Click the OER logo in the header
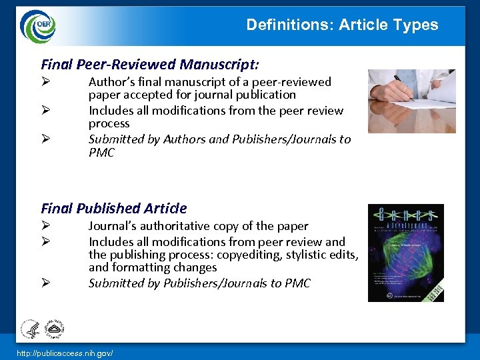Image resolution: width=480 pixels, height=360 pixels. click(38, 26)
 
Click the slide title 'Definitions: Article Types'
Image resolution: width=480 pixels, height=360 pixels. click(342, 25)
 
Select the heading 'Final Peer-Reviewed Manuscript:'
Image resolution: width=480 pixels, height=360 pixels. click(150, 64)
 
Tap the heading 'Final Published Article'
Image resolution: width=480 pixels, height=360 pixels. click(114, 208)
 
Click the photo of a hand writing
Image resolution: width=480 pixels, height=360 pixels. click(411, 101)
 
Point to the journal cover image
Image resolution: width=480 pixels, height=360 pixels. click(405, 253)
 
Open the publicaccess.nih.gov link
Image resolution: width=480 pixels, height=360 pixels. click(65, 351)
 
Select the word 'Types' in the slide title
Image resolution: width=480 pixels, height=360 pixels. click(417, 25)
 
